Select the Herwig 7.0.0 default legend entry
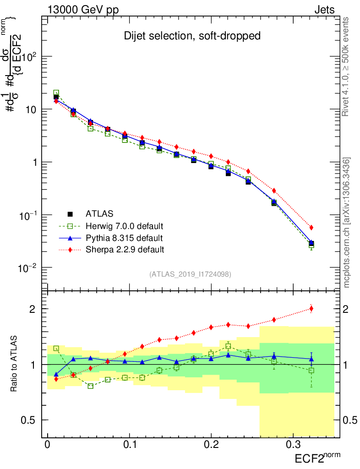(x=125, y=226)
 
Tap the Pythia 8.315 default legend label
(x=124, y=238)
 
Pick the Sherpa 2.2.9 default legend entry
(x=125, y=250)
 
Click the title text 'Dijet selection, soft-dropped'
(x=192, y=36)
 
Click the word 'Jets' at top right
(x=324, y=10)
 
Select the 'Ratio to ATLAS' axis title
(x=15, y=364)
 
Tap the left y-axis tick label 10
(x=31, y=110)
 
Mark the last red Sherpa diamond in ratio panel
(x=311, y=308)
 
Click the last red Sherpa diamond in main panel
(x=311, y=228)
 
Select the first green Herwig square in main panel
(x=56, y=93)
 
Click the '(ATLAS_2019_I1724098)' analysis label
(x=190, y=274)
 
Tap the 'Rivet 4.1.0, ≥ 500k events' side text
(x=346, y=66)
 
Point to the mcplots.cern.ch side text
(x=346, y=222)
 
